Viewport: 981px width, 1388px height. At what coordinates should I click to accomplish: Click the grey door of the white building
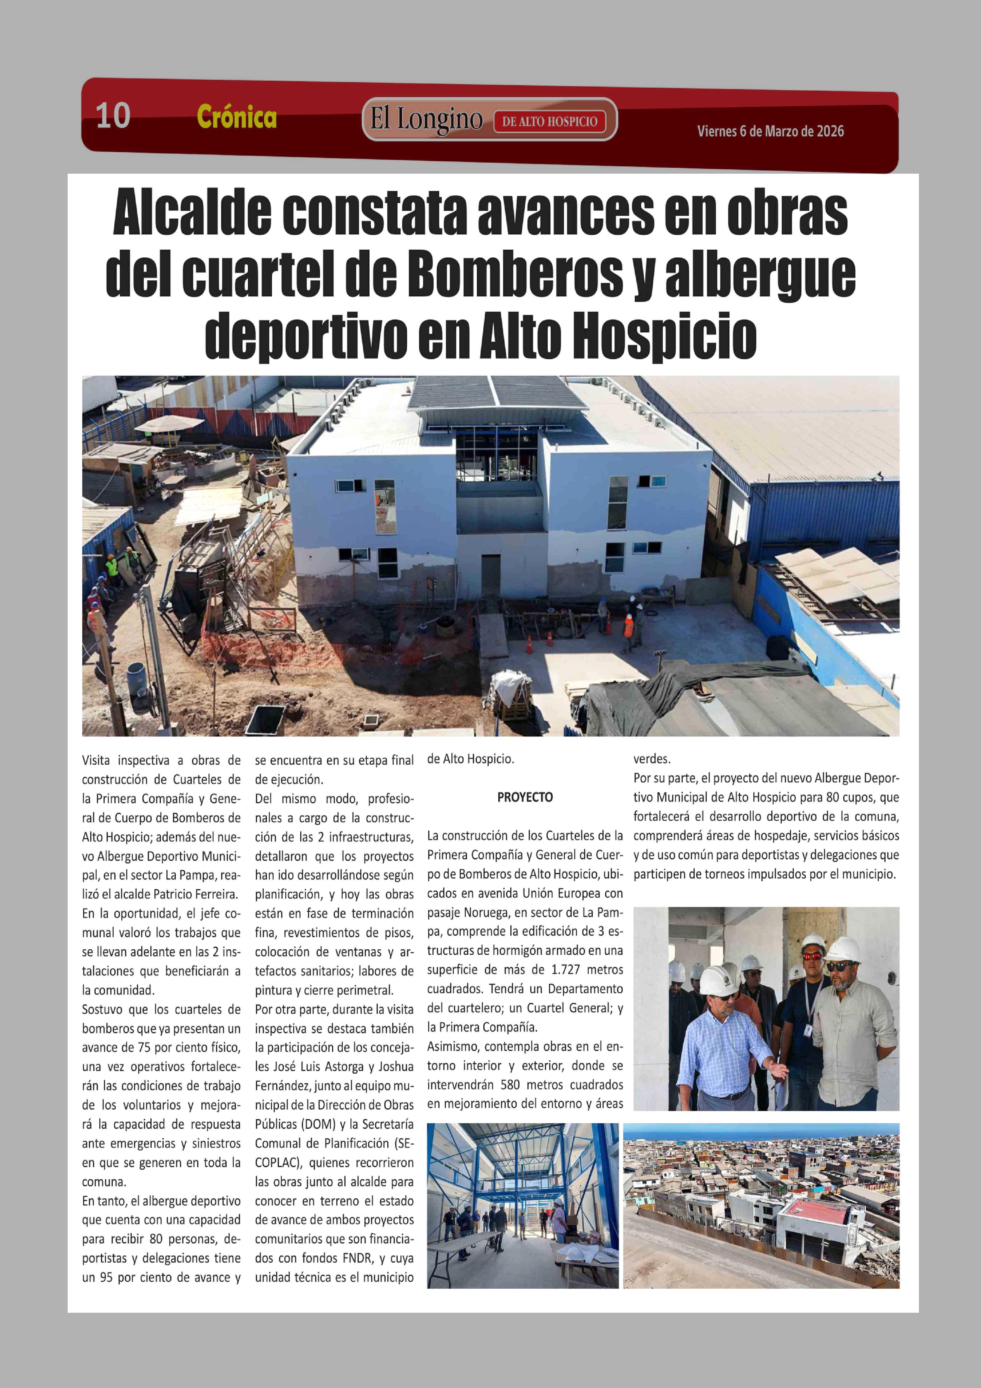[490, 574]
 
